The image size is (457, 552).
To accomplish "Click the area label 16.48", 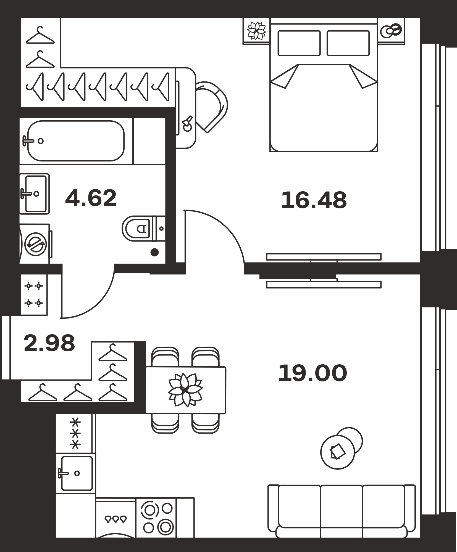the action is click(x=314, y=200).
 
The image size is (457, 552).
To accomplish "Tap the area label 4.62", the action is click(x=91, y=198).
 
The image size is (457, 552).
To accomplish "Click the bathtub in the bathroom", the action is click(x=76, y=141).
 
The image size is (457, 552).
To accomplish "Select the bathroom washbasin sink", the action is click(x=35, y=194).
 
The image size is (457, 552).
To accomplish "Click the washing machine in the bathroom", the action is click(x=35, y=244).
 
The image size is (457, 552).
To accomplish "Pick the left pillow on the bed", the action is click(x=299, y=43).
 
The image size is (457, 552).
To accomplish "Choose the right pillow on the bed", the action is click(x=348, y=43).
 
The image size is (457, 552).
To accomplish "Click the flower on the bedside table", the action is click(x=256, y=31).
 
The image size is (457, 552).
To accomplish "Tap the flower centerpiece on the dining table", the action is click(x=185, y=390).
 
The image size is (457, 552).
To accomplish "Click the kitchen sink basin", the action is click(x=77, y=473).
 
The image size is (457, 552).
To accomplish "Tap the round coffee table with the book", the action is click(x=338, y=452).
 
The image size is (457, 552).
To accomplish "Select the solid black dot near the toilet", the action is click(x=154, y=252).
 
